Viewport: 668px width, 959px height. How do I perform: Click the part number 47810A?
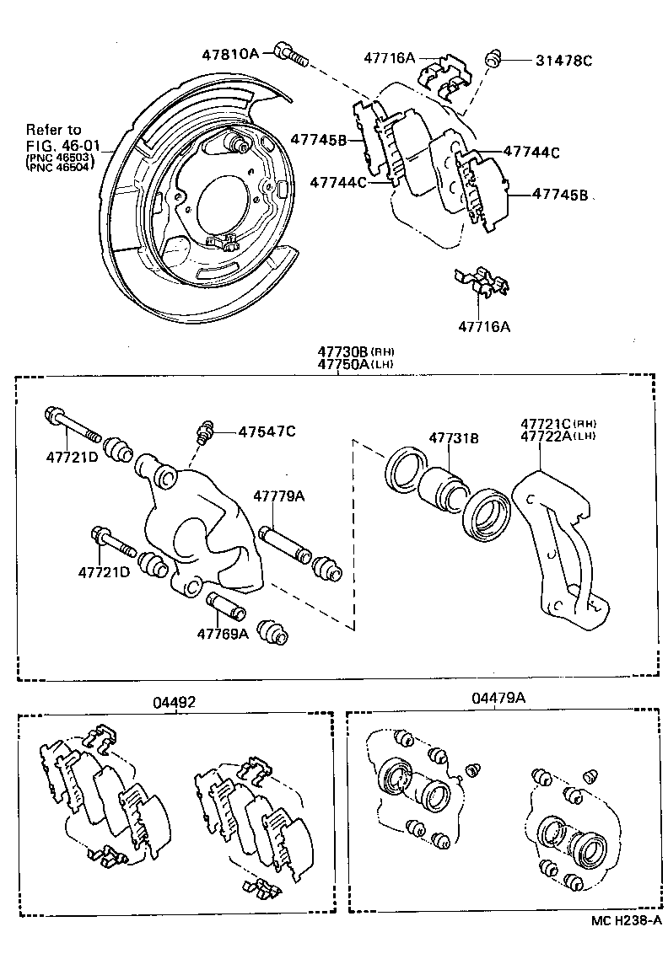(x=229, y=53)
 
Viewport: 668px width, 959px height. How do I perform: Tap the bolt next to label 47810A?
(x=290, y=56)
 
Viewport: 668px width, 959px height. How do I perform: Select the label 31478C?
(x=564, y=61)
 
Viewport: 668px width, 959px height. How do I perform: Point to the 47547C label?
(x=267, y=431)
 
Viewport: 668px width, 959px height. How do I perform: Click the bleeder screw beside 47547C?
(x=203, y=432)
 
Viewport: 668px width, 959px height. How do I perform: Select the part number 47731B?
(x=454, y=438)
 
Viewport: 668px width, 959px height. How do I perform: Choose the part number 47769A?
(x=223, y=634)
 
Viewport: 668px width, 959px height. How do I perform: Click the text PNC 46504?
(x=59, y=167)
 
